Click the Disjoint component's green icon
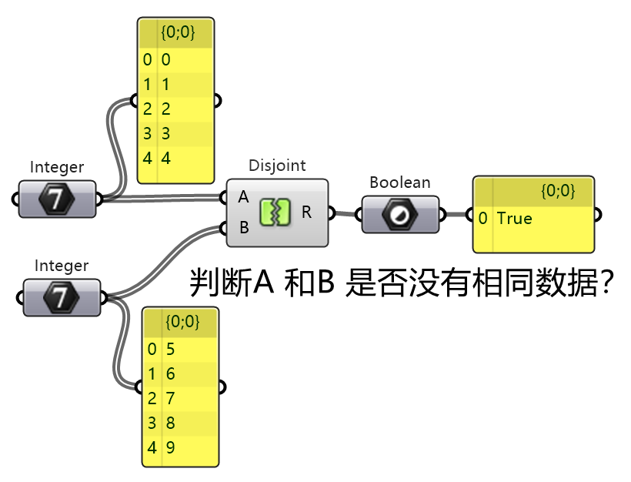[x=277, y=213]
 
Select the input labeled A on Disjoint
[x=243, y=197]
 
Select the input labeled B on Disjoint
[x=243, y=228]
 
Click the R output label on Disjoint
[x=306, y=213]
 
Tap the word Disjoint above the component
[x=277, y=166]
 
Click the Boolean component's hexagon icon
[x=400, y=214]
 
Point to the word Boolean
[x=399, y=182]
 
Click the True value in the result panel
[x=514, y=219]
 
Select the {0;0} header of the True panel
[x=557, y=191]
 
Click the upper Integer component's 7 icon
[x=57, y=199]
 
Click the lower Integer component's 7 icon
[x=62, y=297]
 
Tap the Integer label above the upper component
[x=57, y=167]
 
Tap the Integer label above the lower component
[x=62, y=266]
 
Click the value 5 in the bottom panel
[x=170, y=350]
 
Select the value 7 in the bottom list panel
[x=170, y=398]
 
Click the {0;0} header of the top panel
[x=177, y=33]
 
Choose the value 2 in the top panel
[x=165, y=109]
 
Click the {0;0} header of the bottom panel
[x=182, y=323]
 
